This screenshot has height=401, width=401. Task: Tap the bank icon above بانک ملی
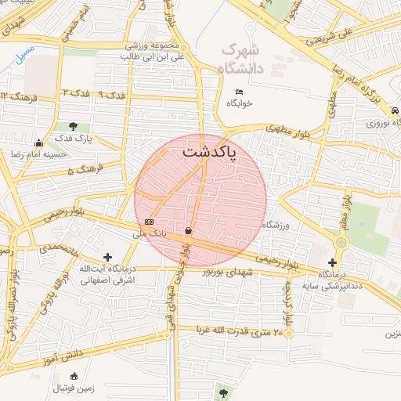pyautogui.click(x=149, y=222)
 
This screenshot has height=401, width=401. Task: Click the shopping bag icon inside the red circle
pyautogui.click(x=188, y=230)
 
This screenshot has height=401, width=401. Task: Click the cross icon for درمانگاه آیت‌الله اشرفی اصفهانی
pyautogui.click(x=107, y=257)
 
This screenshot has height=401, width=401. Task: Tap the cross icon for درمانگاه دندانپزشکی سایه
pyautogui.click(x=332, y=263)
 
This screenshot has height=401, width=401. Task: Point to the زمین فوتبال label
pyautogui.click(x=74, y=387)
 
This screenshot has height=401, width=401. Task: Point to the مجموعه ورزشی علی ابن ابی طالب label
pyautogui.click(x=155, y=51)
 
